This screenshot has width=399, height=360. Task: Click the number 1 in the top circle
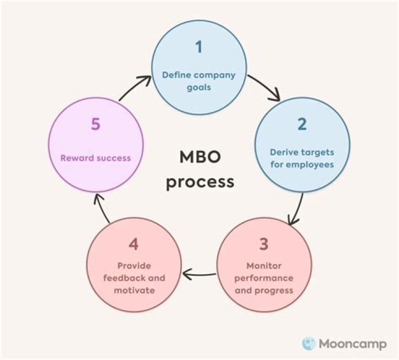(x=198, y=47)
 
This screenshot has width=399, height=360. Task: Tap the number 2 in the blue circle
(x=301, y=124)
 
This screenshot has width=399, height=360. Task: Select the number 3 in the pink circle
(x=263, y=245)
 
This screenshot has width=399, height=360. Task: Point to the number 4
(x=133, y=244)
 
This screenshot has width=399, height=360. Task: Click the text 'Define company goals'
(x=198, y=81)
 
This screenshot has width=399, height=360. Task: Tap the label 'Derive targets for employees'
(x=302, y=158)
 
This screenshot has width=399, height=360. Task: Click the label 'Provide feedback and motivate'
(x=134, y=278)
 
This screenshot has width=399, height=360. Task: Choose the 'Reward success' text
(x=95, y=158)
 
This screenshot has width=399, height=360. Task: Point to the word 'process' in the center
(x=200, y=181)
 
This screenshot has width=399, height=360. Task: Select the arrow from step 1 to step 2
(x=264, y=89)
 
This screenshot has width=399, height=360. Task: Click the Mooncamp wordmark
(x=352, y=343)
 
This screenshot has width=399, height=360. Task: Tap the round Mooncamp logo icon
(x=309, y=343)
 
